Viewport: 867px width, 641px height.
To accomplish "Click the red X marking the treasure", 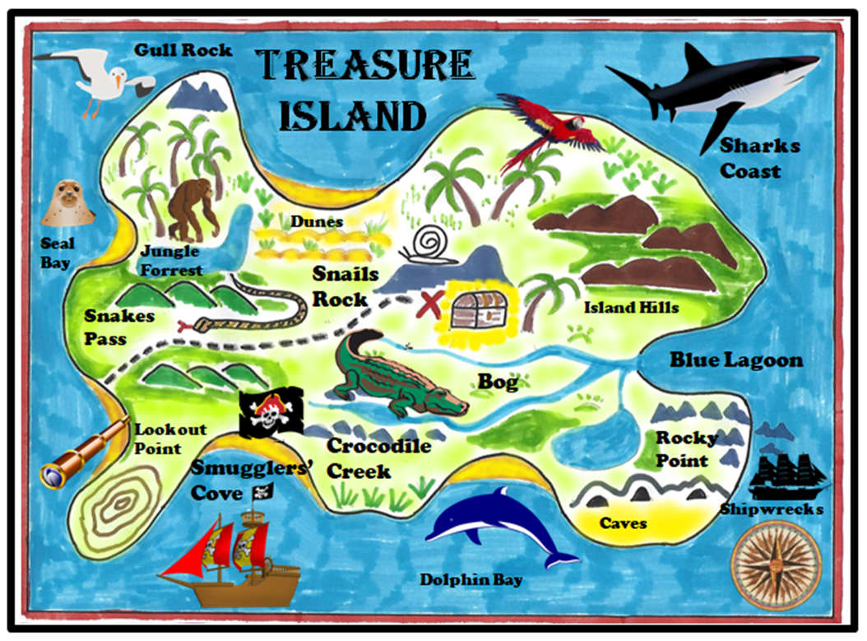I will click(429, 303).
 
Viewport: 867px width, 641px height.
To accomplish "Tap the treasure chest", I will click(478, 309).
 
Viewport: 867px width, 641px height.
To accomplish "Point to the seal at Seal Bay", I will click(67, 204).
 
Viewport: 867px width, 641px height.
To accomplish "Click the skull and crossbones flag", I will click(270, 411).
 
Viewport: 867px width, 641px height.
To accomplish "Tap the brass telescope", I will click(84, 453).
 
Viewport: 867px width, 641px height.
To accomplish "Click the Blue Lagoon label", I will click(735, 360).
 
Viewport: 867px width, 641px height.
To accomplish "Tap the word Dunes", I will click(316, 221).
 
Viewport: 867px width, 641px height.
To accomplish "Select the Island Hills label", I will click(631, 308).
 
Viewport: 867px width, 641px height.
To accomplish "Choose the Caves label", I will click(623, 523).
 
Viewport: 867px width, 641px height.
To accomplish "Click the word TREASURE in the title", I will click(364, 66).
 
